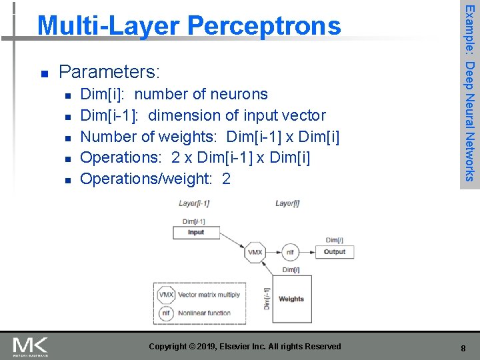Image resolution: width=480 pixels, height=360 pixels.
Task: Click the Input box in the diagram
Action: (196, 233)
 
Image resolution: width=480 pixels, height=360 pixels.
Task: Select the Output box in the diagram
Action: (335, 252)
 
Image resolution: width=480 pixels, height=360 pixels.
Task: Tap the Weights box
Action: (291, 299)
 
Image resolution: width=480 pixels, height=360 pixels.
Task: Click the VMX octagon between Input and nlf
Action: (255, 253)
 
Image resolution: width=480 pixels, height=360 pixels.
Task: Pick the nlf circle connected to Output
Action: (290, 253)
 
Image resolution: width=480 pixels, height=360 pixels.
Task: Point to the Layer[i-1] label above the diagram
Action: (195, 203)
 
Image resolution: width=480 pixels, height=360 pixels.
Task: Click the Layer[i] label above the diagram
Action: (287, 203)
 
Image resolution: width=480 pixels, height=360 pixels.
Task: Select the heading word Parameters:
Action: (110, 71)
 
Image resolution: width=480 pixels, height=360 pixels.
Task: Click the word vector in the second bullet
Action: (303, 115)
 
